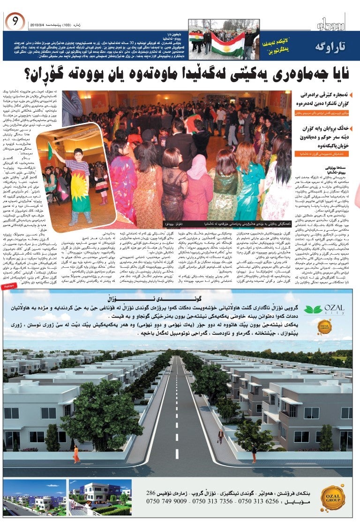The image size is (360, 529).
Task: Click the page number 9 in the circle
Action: [x=15, y=20]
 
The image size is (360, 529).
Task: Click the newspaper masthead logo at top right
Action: [x=331, y=23]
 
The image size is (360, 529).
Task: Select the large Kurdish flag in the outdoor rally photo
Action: [x=228, y=45]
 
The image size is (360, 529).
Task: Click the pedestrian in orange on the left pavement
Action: [x=75, y=454]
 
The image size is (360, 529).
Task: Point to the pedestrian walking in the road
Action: [x=220, y=436]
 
